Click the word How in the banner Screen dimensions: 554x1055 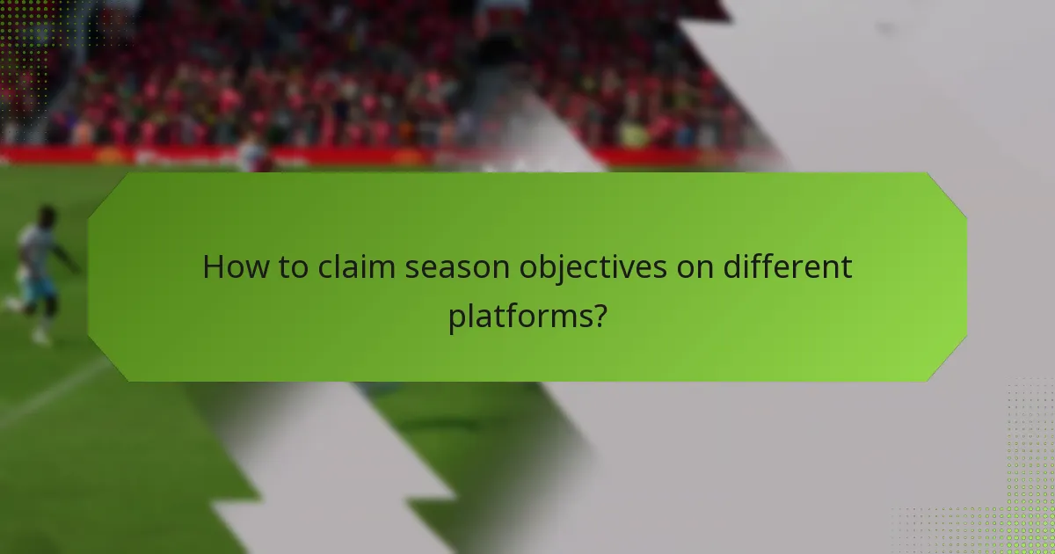tap(230, 267)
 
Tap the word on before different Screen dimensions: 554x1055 tap(699, 267)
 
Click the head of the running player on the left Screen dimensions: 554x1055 tap(47, 215)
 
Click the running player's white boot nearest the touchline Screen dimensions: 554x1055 tap(40, 338)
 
